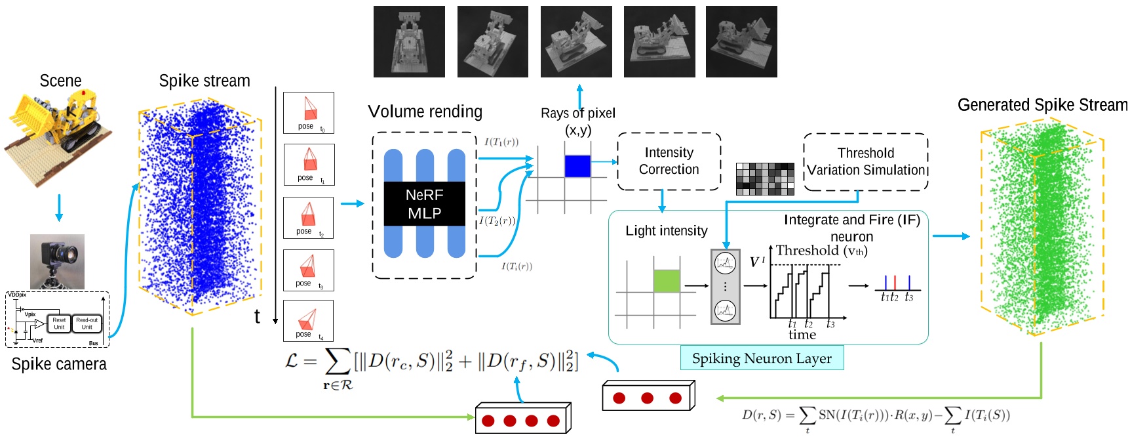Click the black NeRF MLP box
point(424,204)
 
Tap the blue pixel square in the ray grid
point(577,166)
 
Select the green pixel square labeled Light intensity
point(667,281)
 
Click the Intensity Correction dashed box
point(669,161)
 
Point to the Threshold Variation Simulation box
point(865,162)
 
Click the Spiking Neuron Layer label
point(762,358)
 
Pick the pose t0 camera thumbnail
point(309,113)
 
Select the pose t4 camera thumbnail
point(308,321)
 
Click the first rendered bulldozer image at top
point(409,42)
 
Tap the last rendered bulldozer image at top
point(741,42)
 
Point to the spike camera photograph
point(57,261)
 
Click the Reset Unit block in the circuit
point(59,324)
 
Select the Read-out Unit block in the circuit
point(87,324)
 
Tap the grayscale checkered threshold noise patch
point(765,179)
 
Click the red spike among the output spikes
point(895,283)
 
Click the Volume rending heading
point(425,112)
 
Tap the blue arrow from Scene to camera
point(59,207)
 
